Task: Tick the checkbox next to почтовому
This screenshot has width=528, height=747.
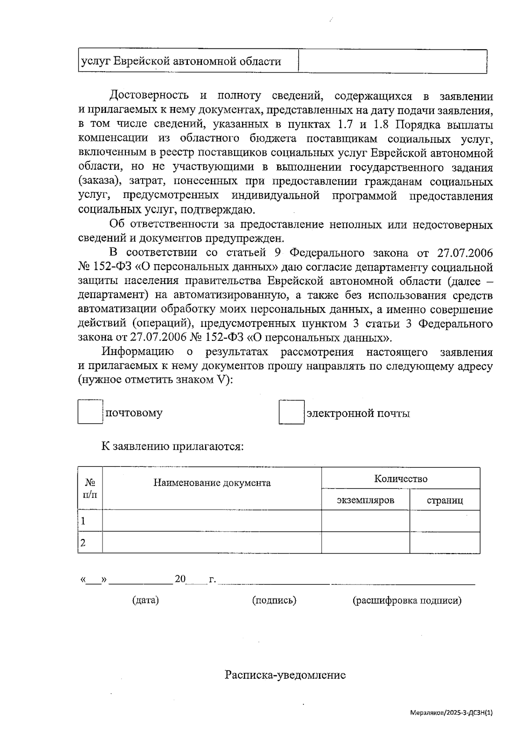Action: point(90,411)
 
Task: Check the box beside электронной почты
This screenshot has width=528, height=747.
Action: point(291,412)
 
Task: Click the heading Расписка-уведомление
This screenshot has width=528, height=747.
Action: point(285,675)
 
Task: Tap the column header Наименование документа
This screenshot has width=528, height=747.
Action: point(212,483)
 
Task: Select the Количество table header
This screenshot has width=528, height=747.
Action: point(400,479)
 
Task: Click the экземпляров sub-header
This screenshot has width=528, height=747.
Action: point(365,500)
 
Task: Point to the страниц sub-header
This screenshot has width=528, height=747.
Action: point(444,500)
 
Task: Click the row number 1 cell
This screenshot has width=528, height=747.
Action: point(90,521)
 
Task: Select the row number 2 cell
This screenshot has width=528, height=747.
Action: point(90,543)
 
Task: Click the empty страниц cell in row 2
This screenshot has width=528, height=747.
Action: point(444,543)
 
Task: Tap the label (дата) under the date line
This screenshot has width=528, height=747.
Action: point(145,600)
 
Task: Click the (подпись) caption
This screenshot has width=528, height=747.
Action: point(274,600)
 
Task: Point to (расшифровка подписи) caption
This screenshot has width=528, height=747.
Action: point(407,600)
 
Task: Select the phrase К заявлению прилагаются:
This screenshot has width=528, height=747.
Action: point(172,446)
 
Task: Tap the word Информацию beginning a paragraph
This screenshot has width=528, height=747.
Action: point(138,352)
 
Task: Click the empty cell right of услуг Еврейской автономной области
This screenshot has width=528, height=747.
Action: point(392,61)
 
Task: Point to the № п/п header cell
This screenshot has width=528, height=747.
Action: point(90,488)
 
